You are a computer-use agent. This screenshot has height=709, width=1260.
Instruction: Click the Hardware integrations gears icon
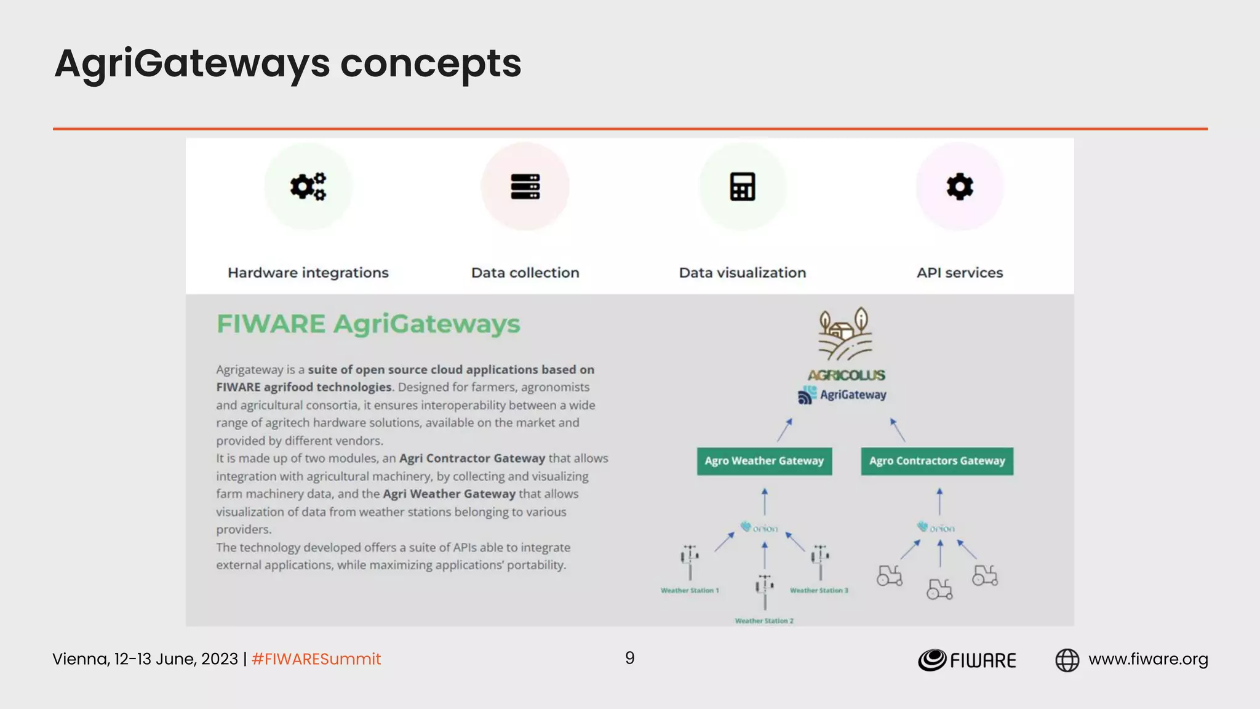coord(308,186)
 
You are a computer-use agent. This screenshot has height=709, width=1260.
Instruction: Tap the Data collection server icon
coord(525,186)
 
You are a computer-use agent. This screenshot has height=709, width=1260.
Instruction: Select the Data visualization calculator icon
coord(743,186)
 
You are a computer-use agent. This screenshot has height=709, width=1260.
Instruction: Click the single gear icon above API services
coord(960,186)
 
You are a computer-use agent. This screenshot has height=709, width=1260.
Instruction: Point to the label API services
coord(960,273)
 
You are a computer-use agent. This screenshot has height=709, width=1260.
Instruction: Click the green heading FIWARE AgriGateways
coord(368,324)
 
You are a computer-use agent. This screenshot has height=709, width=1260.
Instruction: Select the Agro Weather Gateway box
coord(764,461)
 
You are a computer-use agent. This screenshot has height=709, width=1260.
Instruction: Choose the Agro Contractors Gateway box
coord(937,461)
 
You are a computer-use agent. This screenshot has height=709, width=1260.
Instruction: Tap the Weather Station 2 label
coord(764,621)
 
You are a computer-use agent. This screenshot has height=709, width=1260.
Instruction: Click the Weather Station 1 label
coord(690,591)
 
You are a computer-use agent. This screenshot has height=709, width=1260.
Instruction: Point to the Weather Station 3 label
coord(819,591)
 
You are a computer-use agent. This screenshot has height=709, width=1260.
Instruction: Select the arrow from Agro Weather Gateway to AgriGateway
coord(784,430)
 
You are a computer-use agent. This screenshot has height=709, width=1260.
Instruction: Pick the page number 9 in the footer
coord(629,658)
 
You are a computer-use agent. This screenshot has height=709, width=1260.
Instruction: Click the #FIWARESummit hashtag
coord(316,659)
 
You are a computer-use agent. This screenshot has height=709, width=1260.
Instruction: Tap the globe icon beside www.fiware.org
coord(1067,660)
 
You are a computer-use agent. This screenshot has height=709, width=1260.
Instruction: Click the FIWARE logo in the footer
coord(967,660)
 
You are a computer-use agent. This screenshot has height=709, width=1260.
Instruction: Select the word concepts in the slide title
coord(430,63)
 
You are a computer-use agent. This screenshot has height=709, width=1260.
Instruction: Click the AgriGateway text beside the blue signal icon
coord(853,395)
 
